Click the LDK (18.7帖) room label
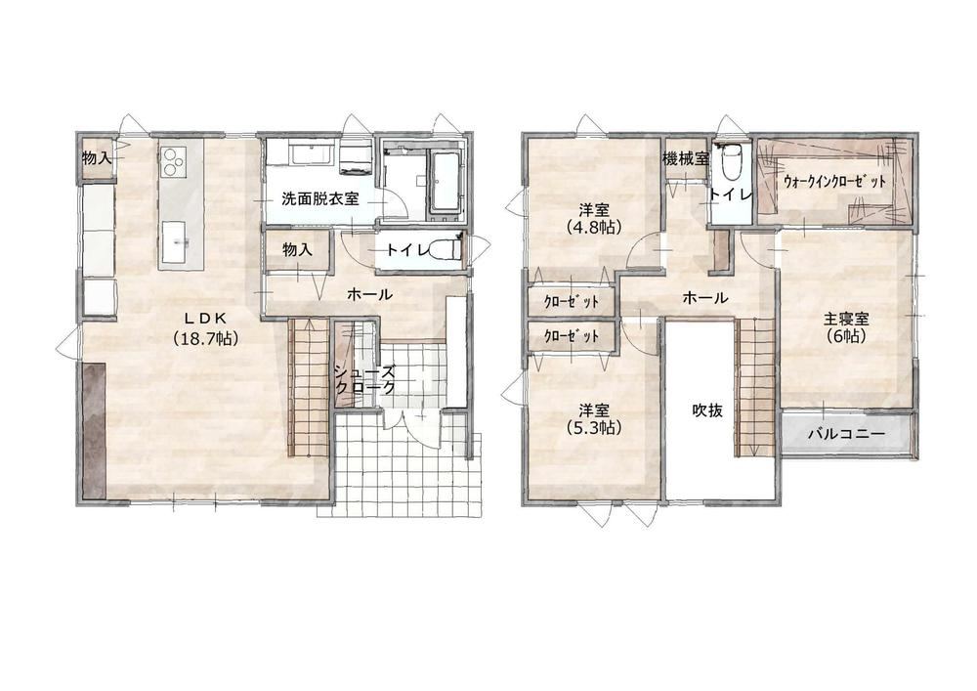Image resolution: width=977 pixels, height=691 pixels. tap(206, 327)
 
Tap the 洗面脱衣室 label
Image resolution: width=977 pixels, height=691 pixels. tap(320, 199)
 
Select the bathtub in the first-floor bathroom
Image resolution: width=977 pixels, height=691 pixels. tap(444, 182)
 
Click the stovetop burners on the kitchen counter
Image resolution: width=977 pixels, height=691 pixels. tap(173, 160)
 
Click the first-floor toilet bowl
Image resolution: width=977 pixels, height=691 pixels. tap(446, 250)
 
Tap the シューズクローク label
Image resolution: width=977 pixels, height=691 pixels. tap(365, 379)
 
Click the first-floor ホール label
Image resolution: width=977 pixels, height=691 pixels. tap(369, 294)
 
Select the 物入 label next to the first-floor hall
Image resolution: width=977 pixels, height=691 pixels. tap(297, 250)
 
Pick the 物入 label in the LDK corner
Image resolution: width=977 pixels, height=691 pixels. tap(97, 158)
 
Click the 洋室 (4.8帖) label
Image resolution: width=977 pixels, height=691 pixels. tap(594, 218)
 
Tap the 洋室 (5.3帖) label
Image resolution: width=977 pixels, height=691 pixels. tap(594, 418)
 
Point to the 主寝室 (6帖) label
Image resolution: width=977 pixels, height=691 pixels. tap(846, 327)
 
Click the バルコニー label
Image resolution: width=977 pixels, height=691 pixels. tap(846, 434)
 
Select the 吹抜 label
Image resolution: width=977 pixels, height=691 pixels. tap(707, 410)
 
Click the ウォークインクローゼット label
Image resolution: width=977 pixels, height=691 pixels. tap(835, 182)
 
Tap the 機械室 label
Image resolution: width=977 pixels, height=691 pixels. tap(686, 158)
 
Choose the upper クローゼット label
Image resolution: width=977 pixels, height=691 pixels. tap(572, 302)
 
